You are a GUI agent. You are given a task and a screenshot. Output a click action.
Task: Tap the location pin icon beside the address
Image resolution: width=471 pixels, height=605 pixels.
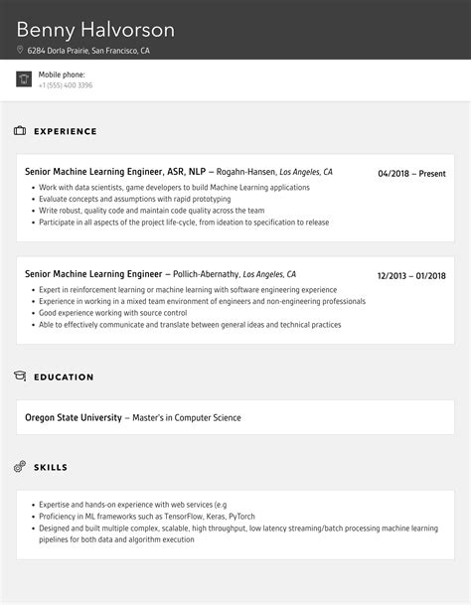[20, 50]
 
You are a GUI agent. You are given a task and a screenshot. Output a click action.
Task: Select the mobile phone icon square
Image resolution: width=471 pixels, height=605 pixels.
[24, 79]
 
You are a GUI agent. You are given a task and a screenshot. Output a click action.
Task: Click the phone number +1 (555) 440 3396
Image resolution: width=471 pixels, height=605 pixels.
[66, 85]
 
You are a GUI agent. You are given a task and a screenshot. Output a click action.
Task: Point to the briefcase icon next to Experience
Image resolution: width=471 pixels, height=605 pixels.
[20, 131]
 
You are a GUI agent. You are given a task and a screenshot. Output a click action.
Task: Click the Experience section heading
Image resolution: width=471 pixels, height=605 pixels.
[66, 131]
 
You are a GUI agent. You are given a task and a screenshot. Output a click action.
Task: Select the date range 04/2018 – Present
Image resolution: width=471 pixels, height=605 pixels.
[411, 174]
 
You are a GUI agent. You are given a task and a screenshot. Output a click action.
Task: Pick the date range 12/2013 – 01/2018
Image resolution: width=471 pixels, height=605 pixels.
[411, 276]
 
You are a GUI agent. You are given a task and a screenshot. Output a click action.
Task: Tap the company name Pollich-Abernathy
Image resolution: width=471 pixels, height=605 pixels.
[206, 274]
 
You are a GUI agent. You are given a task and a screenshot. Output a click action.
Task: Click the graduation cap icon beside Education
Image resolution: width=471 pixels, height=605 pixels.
[20, 377]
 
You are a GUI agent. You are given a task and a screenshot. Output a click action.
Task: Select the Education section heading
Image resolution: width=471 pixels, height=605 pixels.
[64, 378]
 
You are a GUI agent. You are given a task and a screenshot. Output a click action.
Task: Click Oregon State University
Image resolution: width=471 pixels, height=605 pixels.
[73, 417]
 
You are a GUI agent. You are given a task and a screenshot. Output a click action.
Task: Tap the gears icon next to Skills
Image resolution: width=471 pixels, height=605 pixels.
[20, 466]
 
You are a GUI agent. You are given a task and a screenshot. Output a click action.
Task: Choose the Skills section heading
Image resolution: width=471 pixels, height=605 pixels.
[52, 467]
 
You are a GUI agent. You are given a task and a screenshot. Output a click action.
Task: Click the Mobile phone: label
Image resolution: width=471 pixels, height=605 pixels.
[62, 75]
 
